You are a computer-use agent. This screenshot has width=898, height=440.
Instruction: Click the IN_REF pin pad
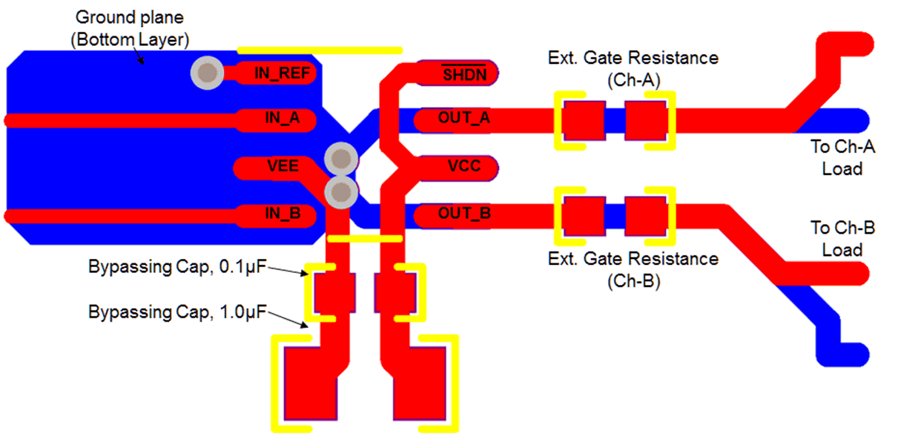[x=278, y=73]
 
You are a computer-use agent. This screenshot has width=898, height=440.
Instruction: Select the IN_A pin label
[x=283, y=119]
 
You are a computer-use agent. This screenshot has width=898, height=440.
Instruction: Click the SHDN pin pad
[x=456, y=73]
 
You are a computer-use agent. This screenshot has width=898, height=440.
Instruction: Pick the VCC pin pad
[x=456, y=167]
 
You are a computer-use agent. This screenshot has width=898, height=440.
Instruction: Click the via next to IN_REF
[x=207, y=73]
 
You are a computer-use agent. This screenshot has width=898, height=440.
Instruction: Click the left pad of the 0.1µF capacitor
[x=334, y=292]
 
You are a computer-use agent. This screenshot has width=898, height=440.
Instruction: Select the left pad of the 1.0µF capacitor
[x=310, y=386]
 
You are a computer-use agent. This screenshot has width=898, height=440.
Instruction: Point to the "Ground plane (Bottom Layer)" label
[x=131, y=28]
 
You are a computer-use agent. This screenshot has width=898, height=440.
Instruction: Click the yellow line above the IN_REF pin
[x=320, y=50]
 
